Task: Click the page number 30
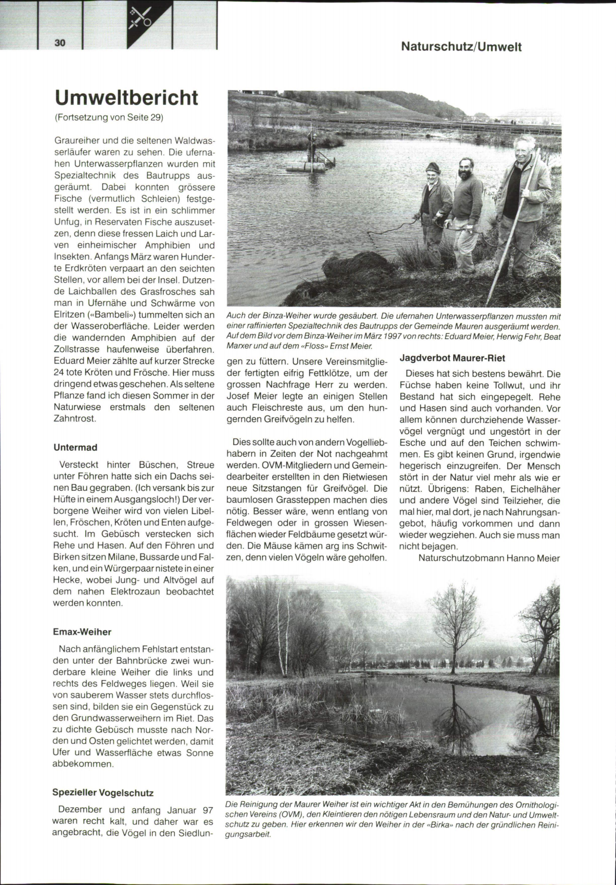coord(60,43)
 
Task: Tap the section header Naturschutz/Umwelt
coord(461,47)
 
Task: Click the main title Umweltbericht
coord(126,98)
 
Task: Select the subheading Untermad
coord(75,448)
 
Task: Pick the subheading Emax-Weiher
coord(82,632)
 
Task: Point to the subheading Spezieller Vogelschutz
coord(103,793)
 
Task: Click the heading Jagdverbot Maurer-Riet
coord(452,358)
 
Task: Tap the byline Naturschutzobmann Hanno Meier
coord(489,558)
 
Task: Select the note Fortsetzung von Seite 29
coord(109,118)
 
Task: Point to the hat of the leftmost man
coord(433,167)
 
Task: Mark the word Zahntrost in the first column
coord(74,418)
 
